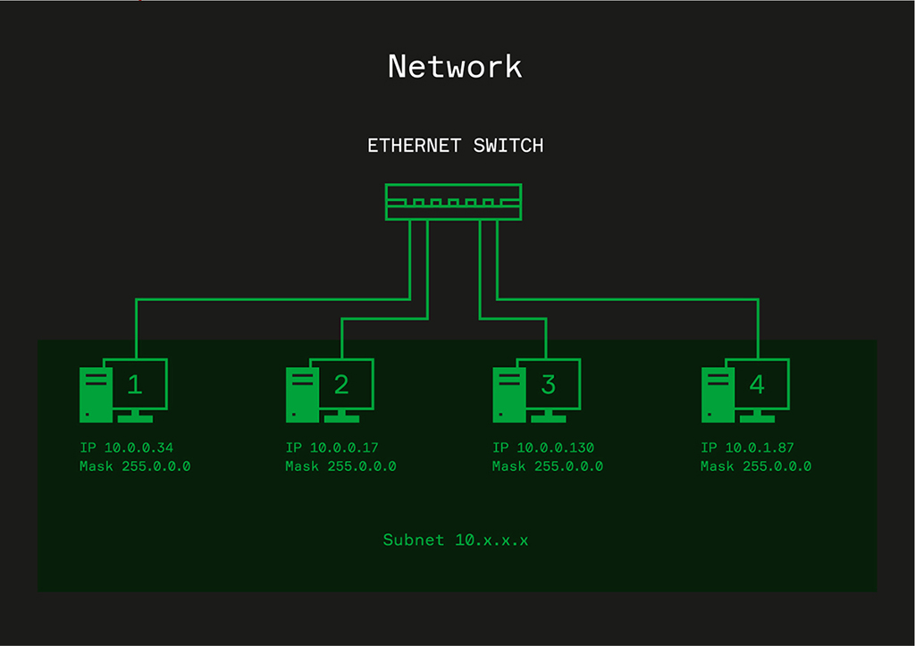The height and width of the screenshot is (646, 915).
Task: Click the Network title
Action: pyautogui.click(x=455, y=67)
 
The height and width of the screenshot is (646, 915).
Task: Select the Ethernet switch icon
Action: pyautogui.click(x=453, y=201)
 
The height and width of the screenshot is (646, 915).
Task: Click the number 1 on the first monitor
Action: pyautogui.click(x=135, y=384)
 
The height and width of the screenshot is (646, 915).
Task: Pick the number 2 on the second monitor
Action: pyautogui.click(x=341, y=384)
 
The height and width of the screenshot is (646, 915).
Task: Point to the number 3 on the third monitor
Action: pyautogui.click(x=548, y=384)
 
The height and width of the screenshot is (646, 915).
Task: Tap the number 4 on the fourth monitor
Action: pyautogui.click(x=757, y=384)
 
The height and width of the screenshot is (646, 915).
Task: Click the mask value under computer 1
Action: pyautogui.click(x=152, y=466)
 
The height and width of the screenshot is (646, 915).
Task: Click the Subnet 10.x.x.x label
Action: pyautogui.click(x=456, y=540)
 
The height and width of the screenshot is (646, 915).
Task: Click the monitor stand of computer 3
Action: pyautogui.click(x=548, y=415)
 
